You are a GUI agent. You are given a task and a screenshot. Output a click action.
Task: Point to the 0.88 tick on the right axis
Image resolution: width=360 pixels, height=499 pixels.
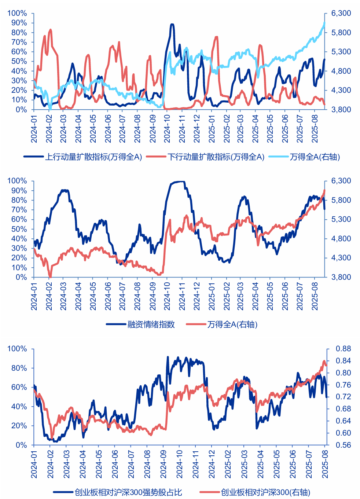point(343,349)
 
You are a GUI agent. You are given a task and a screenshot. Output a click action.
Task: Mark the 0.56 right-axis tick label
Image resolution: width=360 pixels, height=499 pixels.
point(343,445)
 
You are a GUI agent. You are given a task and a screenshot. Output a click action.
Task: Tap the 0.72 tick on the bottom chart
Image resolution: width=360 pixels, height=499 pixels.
point(343,397)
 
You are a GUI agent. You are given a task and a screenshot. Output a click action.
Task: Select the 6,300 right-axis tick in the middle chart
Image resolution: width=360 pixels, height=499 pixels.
point(341,181)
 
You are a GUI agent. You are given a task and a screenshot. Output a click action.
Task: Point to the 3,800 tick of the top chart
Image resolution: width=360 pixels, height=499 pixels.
point(341,110)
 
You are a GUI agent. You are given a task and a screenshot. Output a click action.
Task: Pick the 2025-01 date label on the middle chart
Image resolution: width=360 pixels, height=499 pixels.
point(212,296)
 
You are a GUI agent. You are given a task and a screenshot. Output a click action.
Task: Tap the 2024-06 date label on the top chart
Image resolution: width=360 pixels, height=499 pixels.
point(108,129)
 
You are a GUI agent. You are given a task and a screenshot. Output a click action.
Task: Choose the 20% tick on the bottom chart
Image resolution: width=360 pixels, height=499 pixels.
point(19,426)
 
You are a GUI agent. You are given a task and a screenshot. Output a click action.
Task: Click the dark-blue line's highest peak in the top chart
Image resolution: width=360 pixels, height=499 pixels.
point(172,25)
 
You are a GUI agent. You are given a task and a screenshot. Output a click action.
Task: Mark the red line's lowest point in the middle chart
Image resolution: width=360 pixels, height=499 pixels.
point(50,277)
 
